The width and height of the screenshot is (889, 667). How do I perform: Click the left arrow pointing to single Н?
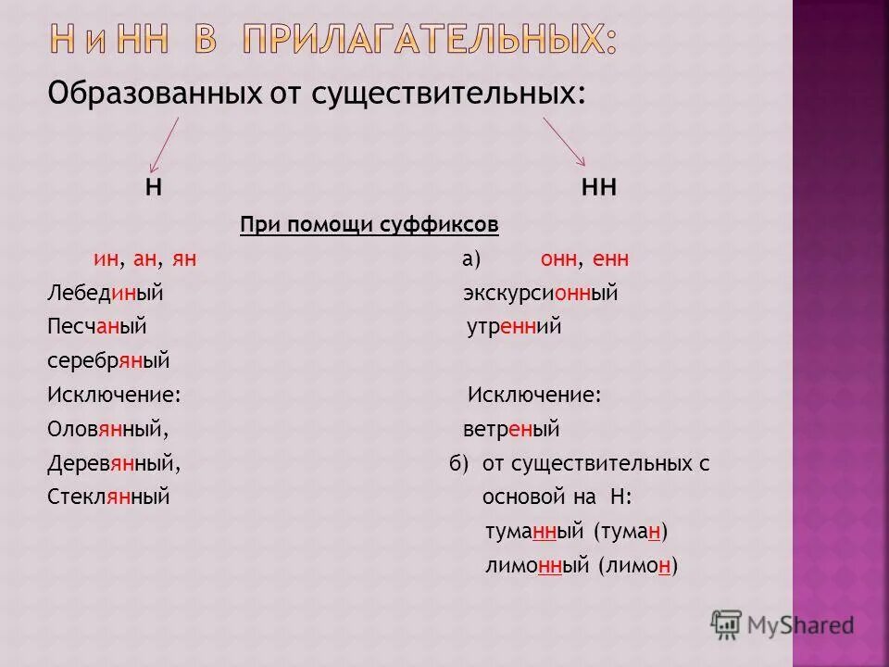click(163, 141)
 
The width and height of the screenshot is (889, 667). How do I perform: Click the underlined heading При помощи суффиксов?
click(369, 225)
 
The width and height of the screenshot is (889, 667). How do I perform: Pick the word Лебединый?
click(105, 294)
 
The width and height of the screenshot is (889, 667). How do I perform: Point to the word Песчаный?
click(97, 327)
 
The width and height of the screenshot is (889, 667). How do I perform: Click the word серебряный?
click(108, 361)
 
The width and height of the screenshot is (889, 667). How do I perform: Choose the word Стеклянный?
click(108, 497)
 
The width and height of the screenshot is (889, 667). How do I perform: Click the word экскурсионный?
click(540, 294)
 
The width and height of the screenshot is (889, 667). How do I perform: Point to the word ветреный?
click(511, 430)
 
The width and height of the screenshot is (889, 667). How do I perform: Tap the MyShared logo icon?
click(726, 625)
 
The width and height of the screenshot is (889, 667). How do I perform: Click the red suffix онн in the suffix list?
click(557, 259)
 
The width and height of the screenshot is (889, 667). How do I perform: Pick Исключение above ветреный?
click(534, 396)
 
